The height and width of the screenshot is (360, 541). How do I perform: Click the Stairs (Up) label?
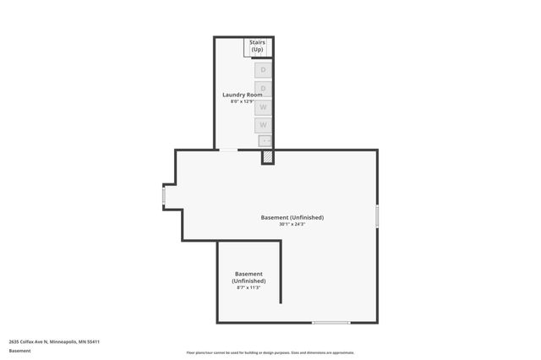coord(258,46)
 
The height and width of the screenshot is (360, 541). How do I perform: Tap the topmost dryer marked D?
coord(263,69)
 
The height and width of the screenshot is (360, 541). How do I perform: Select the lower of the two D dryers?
coord(263,88)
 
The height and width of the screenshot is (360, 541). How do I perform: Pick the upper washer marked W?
coord(263,107)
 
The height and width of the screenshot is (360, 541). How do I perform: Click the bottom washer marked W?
coord(263,125)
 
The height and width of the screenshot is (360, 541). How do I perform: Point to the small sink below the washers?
coord(265,141)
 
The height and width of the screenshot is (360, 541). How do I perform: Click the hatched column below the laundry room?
coord(267,156)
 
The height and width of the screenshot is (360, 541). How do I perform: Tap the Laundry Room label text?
coord(243,95)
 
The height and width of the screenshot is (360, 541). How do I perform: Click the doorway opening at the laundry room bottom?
coord(228,150)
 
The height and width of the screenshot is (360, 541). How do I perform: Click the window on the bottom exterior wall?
coord(331,322)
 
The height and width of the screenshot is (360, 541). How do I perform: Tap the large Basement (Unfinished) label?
coord(292,217)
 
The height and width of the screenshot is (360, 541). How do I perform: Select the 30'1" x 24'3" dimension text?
coord(292,224)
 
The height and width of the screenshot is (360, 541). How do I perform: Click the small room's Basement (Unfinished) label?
coord(249,277)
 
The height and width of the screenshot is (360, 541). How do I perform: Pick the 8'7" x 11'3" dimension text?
coord(249,288)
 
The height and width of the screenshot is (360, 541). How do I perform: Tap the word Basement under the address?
coord(19,350)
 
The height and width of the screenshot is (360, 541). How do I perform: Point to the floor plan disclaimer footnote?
coord(270,352)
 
